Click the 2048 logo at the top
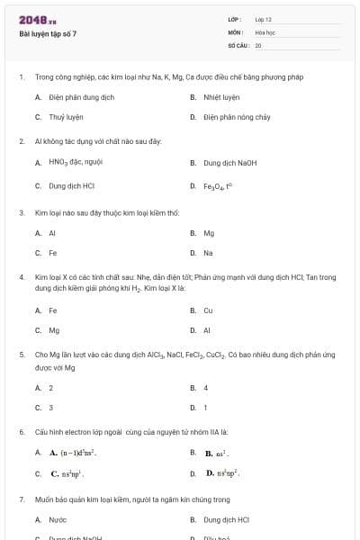(x=37, y=19)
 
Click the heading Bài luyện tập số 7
(x=49, y=33)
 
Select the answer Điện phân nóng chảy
(x=234, y=117)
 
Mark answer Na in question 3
(x=208, y=253)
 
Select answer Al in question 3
(x=52, y=232)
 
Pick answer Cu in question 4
(x=208, y=310)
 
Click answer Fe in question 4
(x=53, y=310)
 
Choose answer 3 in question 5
(x=50, y=407)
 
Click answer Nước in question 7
(x=58, y=519)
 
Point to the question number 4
(x=22, y=277)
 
